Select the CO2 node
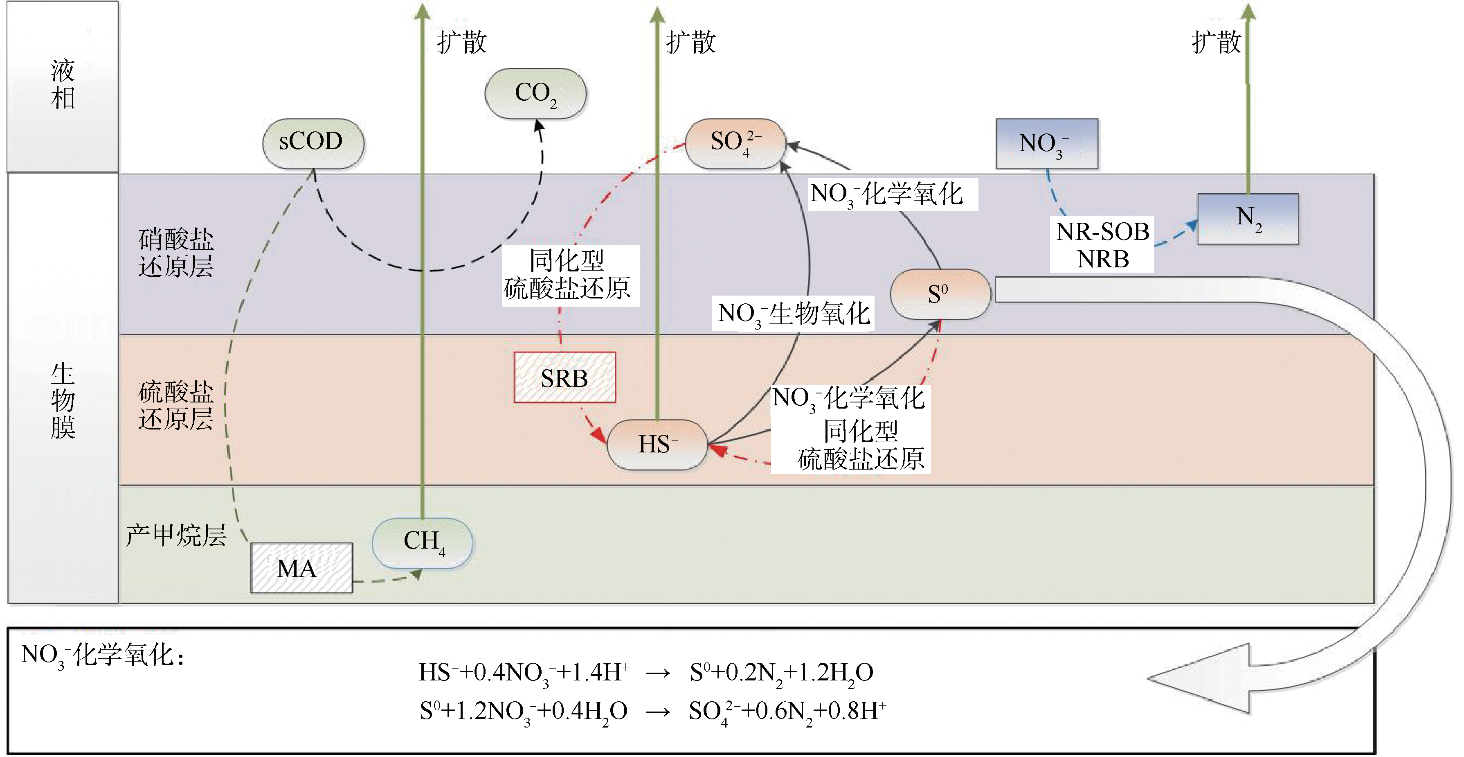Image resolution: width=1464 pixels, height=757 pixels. pos(535,94)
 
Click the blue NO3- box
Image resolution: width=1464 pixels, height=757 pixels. pos(1046,143)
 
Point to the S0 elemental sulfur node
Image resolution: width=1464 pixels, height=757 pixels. pos(940,294)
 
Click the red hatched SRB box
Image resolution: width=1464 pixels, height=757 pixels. pos(564,377)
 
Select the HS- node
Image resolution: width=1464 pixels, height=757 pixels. pos(657,444)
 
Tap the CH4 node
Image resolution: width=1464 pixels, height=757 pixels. pos(422,542)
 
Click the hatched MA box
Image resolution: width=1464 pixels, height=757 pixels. pos(301,567)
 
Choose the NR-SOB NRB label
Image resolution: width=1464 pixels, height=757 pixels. pos(1102,244)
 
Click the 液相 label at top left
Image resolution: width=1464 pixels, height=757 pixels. pos(63,85)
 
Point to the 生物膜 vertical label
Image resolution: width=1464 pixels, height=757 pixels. pos(63,400)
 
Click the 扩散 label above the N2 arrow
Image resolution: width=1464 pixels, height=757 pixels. pos(1216,42)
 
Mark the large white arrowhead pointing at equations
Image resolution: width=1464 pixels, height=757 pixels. pos(1199,678)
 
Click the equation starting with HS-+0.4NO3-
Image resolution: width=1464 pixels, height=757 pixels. pos(645,673)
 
